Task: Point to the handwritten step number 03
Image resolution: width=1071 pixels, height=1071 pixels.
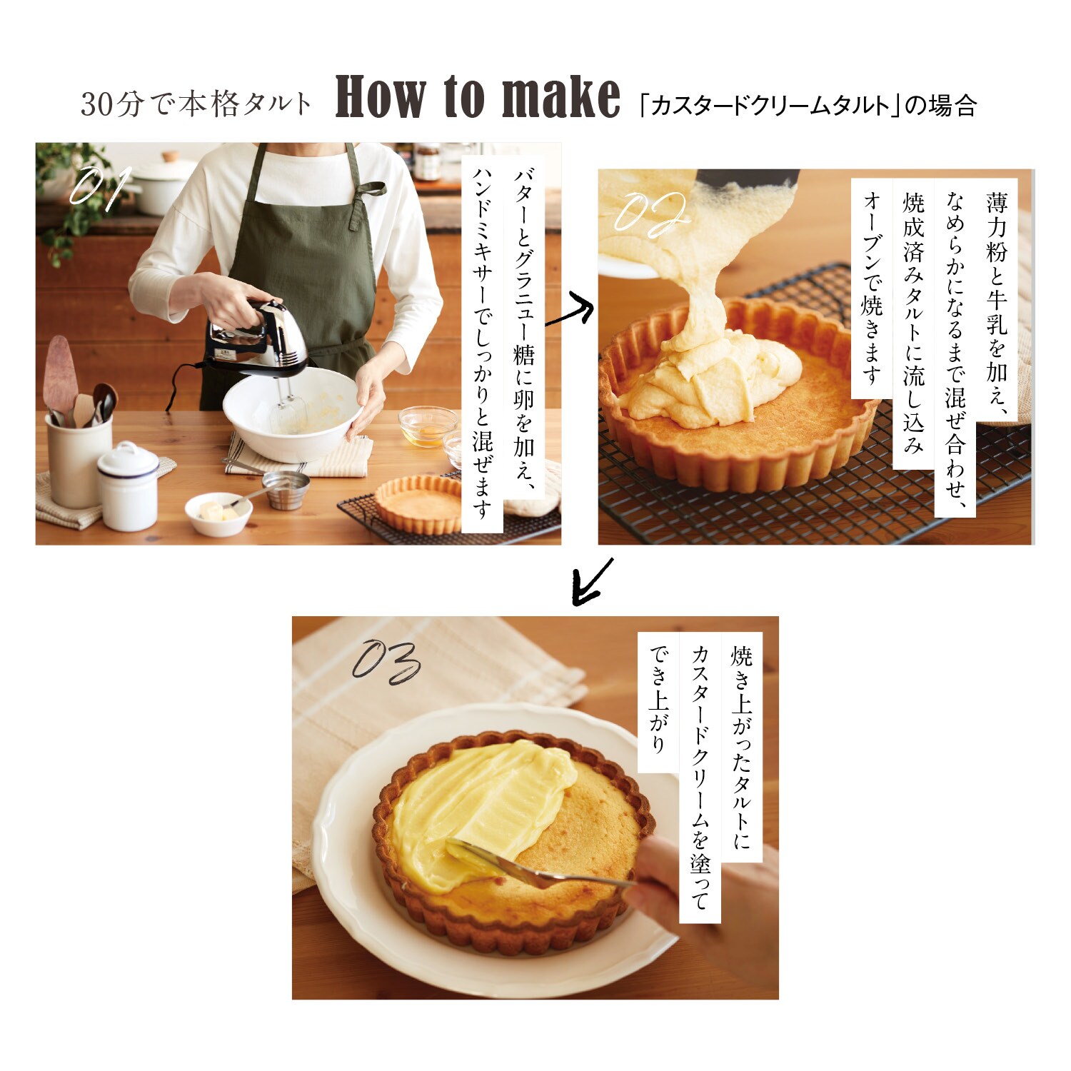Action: (386, 663)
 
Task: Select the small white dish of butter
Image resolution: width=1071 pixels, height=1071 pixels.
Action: (218, 513)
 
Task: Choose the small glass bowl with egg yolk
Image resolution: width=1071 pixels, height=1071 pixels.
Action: (428, 426)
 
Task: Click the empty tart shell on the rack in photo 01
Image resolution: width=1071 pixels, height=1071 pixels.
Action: (420, 505)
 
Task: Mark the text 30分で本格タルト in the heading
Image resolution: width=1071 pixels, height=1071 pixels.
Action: (196, 104)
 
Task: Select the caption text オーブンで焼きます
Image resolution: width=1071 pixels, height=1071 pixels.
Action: (872, 287)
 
